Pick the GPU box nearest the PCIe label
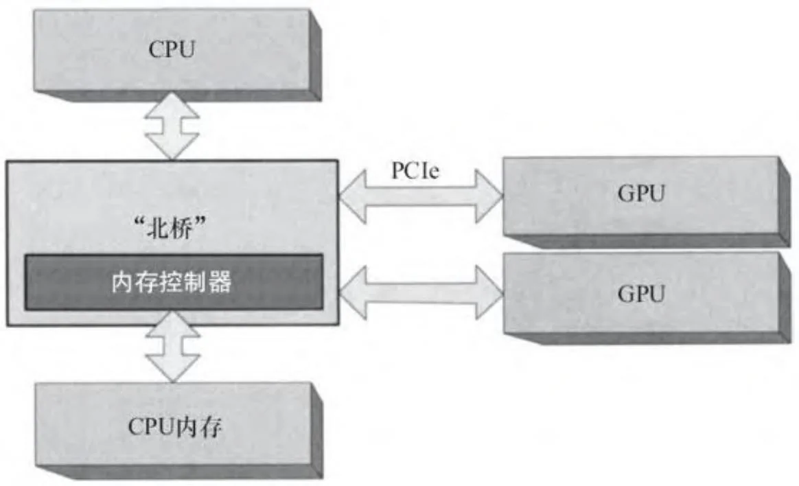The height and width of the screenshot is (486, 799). [x=641, y=195]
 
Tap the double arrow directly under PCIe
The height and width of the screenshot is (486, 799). [x=421, y=196]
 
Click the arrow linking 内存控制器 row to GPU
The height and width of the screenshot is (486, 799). [x=421, y=288]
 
